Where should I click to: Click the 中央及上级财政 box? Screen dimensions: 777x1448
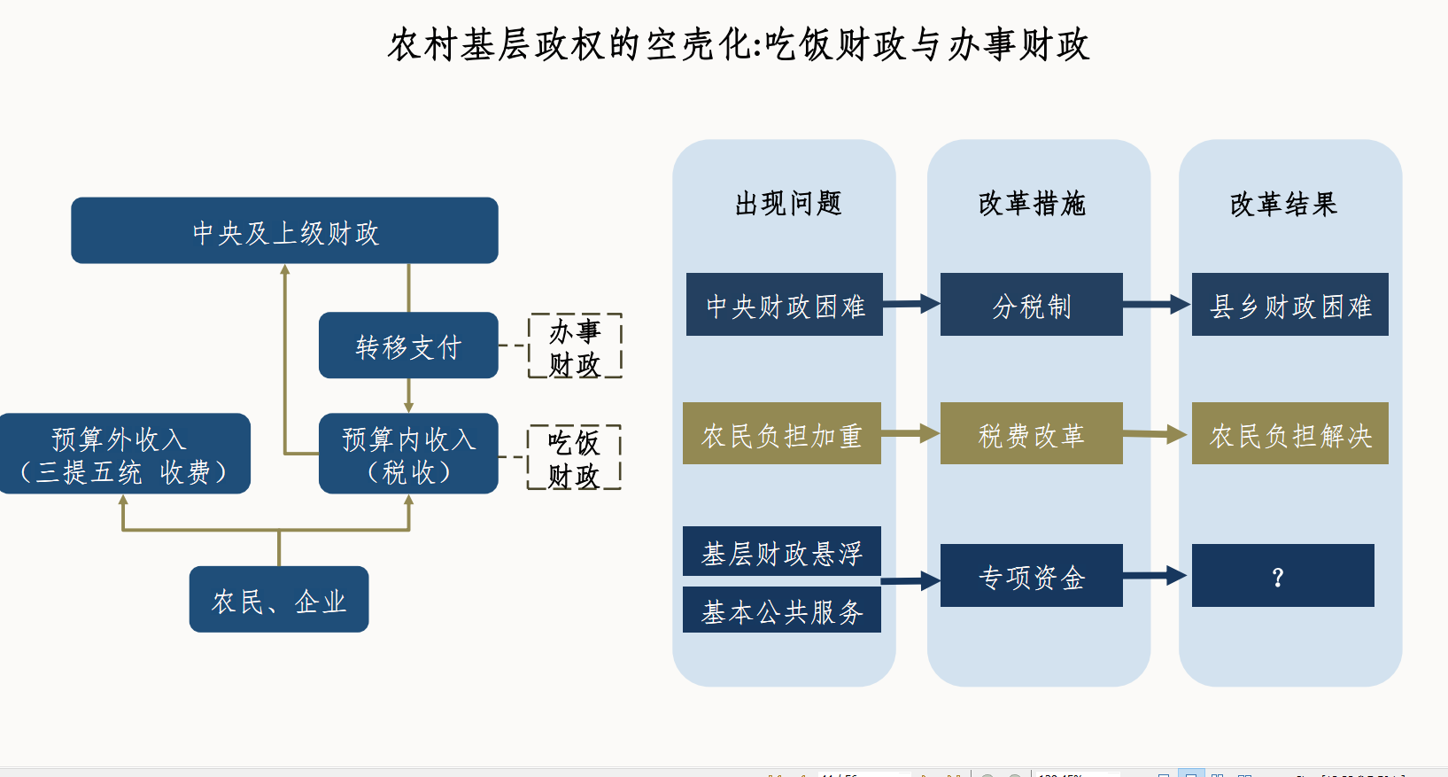point(284,230)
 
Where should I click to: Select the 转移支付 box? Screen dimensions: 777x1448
point(408,346)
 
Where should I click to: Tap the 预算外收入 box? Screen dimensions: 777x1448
point(124,454)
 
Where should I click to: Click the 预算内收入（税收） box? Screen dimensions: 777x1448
point(408,454)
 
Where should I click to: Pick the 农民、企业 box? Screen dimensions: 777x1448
point(279,600)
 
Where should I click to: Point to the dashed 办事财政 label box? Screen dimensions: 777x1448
point(575,346)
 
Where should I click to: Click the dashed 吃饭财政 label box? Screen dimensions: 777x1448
point(574,458)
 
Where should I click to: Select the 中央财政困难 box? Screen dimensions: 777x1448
point(784,305)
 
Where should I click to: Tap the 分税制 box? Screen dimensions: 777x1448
point(1031,305)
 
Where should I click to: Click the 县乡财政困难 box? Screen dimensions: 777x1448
point(1289,305)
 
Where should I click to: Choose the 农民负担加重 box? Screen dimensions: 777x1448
point(781,434)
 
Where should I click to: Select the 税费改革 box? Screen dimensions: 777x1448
point(1031,434)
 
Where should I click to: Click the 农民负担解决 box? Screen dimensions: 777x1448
point(1289,434)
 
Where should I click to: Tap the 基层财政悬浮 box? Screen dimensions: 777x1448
point(781,552)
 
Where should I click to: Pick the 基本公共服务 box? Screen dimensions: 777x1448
point(781,610)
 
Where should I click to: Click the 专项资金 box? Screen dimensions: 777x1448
point(1031,576)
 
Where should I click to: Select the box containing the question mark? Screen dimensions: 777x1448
point(1282,576)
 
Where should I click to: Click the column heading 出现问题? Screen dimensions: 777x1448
point(788,204)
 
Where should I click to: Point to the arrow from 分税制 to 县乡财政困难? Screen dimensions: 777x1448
point(1157,305)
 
